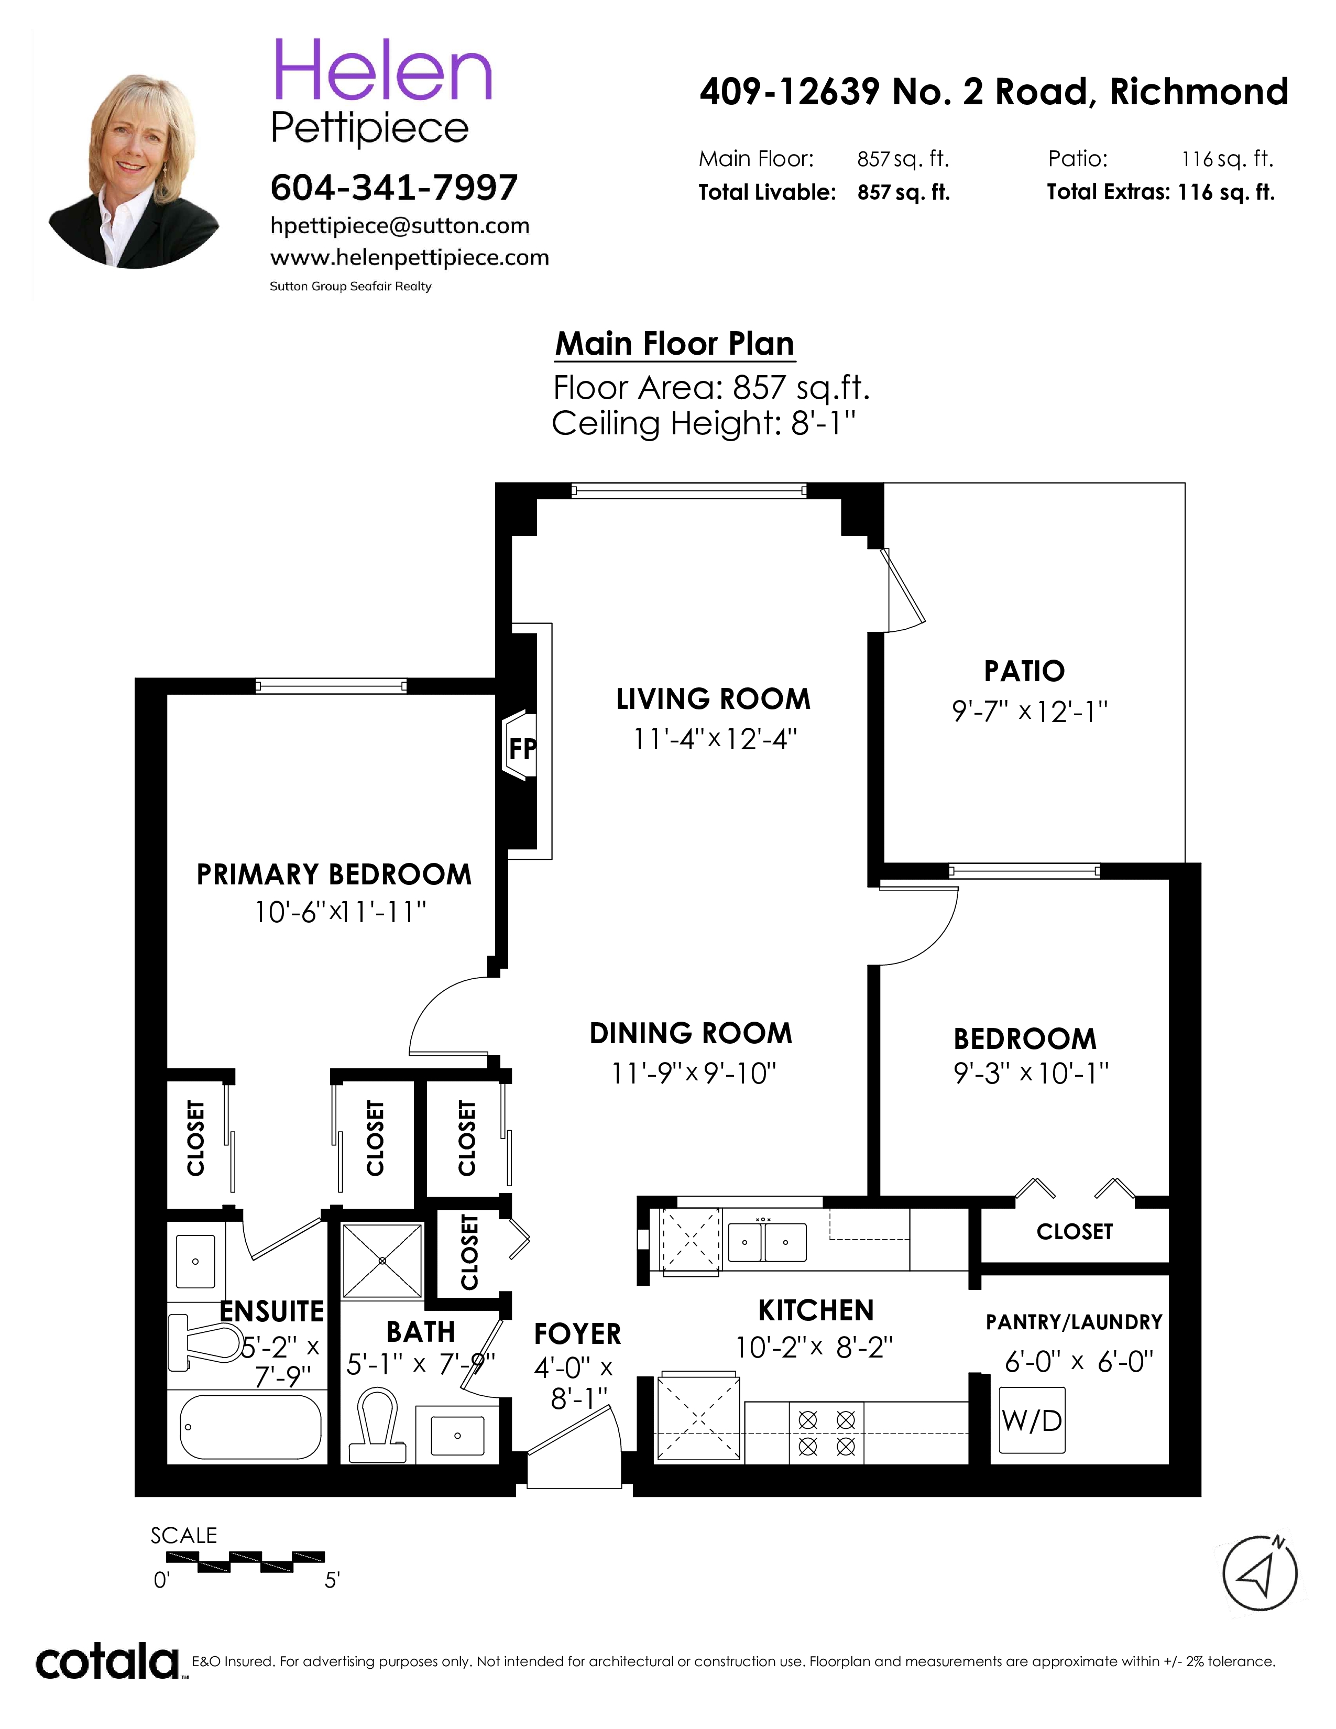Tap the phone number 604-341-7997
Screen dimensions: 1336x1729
(394, 188)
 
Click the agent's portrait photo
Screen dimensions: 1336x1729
(134, 171)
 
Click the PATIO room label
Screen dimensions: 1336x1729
(1024, 671)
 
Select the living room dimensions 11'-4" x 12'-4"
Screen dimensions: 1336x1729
(715, 739)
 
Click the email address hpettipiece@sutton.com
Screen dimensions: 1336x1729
(400, 226)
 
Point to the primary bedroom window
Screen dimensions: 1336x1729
(332, 686)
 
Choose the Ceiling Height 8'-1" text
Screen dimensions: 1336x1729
(704, 423)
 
